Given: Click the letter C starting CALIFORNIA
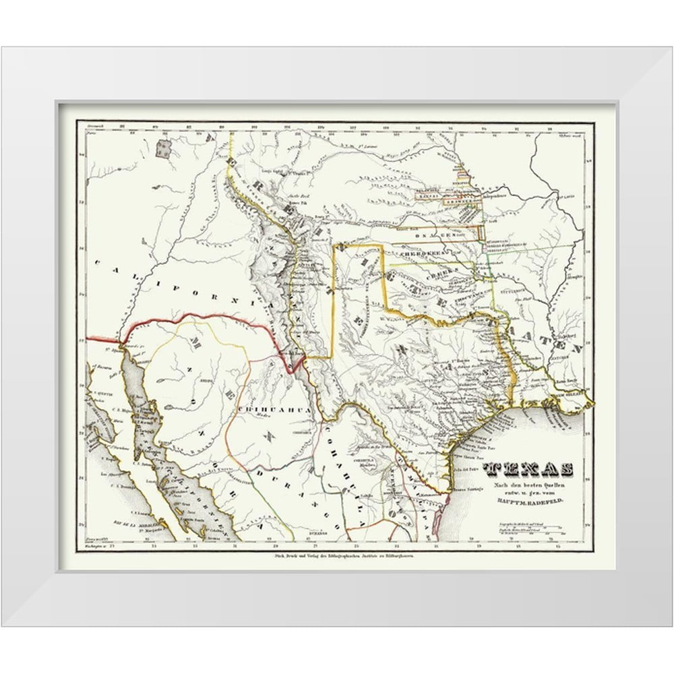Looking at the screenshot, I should point(100,266).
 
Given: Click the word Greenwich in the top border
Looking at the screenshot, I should point(92,127).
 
